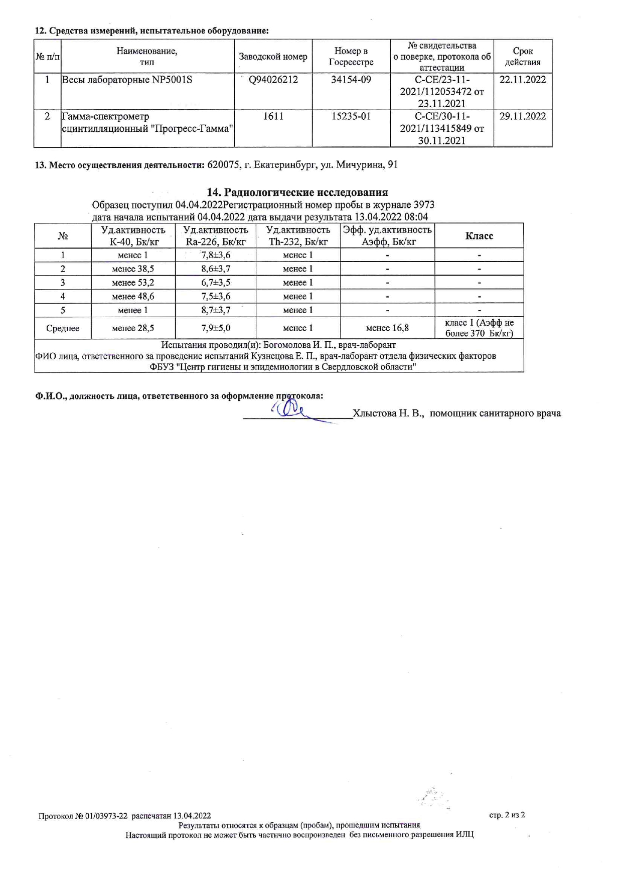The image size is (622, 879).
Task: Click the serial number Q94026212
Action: pyautogui.click(x=273, y=80)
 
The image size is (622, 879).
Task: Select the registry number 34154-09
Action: pyautogui.click(x=351, y=80)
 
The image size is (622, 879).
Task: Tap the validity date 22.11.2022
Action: pyautogui.click(x=523, y=80)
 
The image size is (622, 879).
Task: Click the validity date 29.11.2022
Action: pyautogui.click(x=523, y=116)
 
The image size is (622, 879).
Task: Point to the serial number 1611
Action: pyautogui.click(x=273, y=116)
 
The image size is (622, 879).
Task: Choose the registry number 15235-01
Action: pyautogui.click(x=351, y=116)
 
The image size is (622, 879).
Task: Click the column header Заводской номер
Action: pyautogui.click(x=273, y=57)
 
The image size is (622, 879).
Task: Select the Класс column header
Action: pyautogui.click(x=479, y=236)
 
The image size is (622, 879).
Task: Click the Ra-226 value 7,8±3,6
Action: pyautogui.click(x=216, y=255)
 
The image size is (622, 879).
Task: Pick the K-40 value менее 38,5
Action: pyautogui.click(x=133, y=269)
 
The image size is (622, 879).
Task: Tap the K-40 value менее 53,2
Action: pyautogui.click(x=133, y=283)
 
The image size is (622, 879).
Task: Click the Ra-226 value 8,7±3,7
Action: pyautogui.click(x=216, y=310)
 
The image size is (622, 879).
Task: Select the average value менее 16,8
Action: pyautogui.click(x=387, y=328)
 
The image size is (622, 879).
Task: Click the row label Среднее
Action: pyautogui.click(x=63, y=329)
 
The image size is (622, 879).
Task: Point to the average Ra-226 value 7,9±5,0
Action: pyautogui.click(x=216, y=328)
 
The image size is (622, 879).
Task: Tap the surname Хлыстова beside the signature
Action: pyautogui.click(x=374, y=413)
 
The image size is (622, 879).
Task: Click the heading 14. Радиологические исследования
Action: pyautogui.click(x=297, y=192)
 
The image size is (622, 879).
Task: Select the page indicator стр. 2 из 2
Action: pyautogui.click(x=507, y=815)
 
